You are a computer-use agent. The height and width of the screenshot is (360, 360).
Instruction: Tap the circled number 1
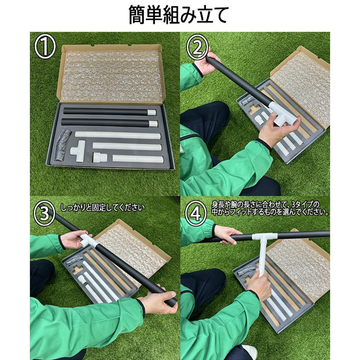(45, 48)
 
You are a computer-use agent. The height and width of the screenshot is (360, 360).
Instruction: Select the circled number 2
(197, 47)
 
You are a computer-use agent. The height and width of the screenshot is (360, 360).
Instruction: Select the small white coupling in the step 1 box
(100, 158)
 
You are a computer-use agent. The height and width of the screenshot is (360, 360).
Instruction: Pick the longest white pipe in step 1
(118, 135)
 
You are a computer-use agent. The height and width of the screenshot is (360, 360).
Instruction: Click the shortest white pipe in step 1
(138, 159)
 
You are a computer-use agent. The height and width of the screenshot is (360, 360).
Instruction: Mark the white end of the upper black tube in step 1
(152, 112)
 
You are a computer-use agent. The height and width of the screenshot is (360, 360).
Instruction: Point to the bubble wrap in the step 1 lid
(112, 76)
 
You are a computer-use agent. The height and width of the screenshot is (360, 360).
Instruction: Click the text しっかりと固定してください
(103, 207)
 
